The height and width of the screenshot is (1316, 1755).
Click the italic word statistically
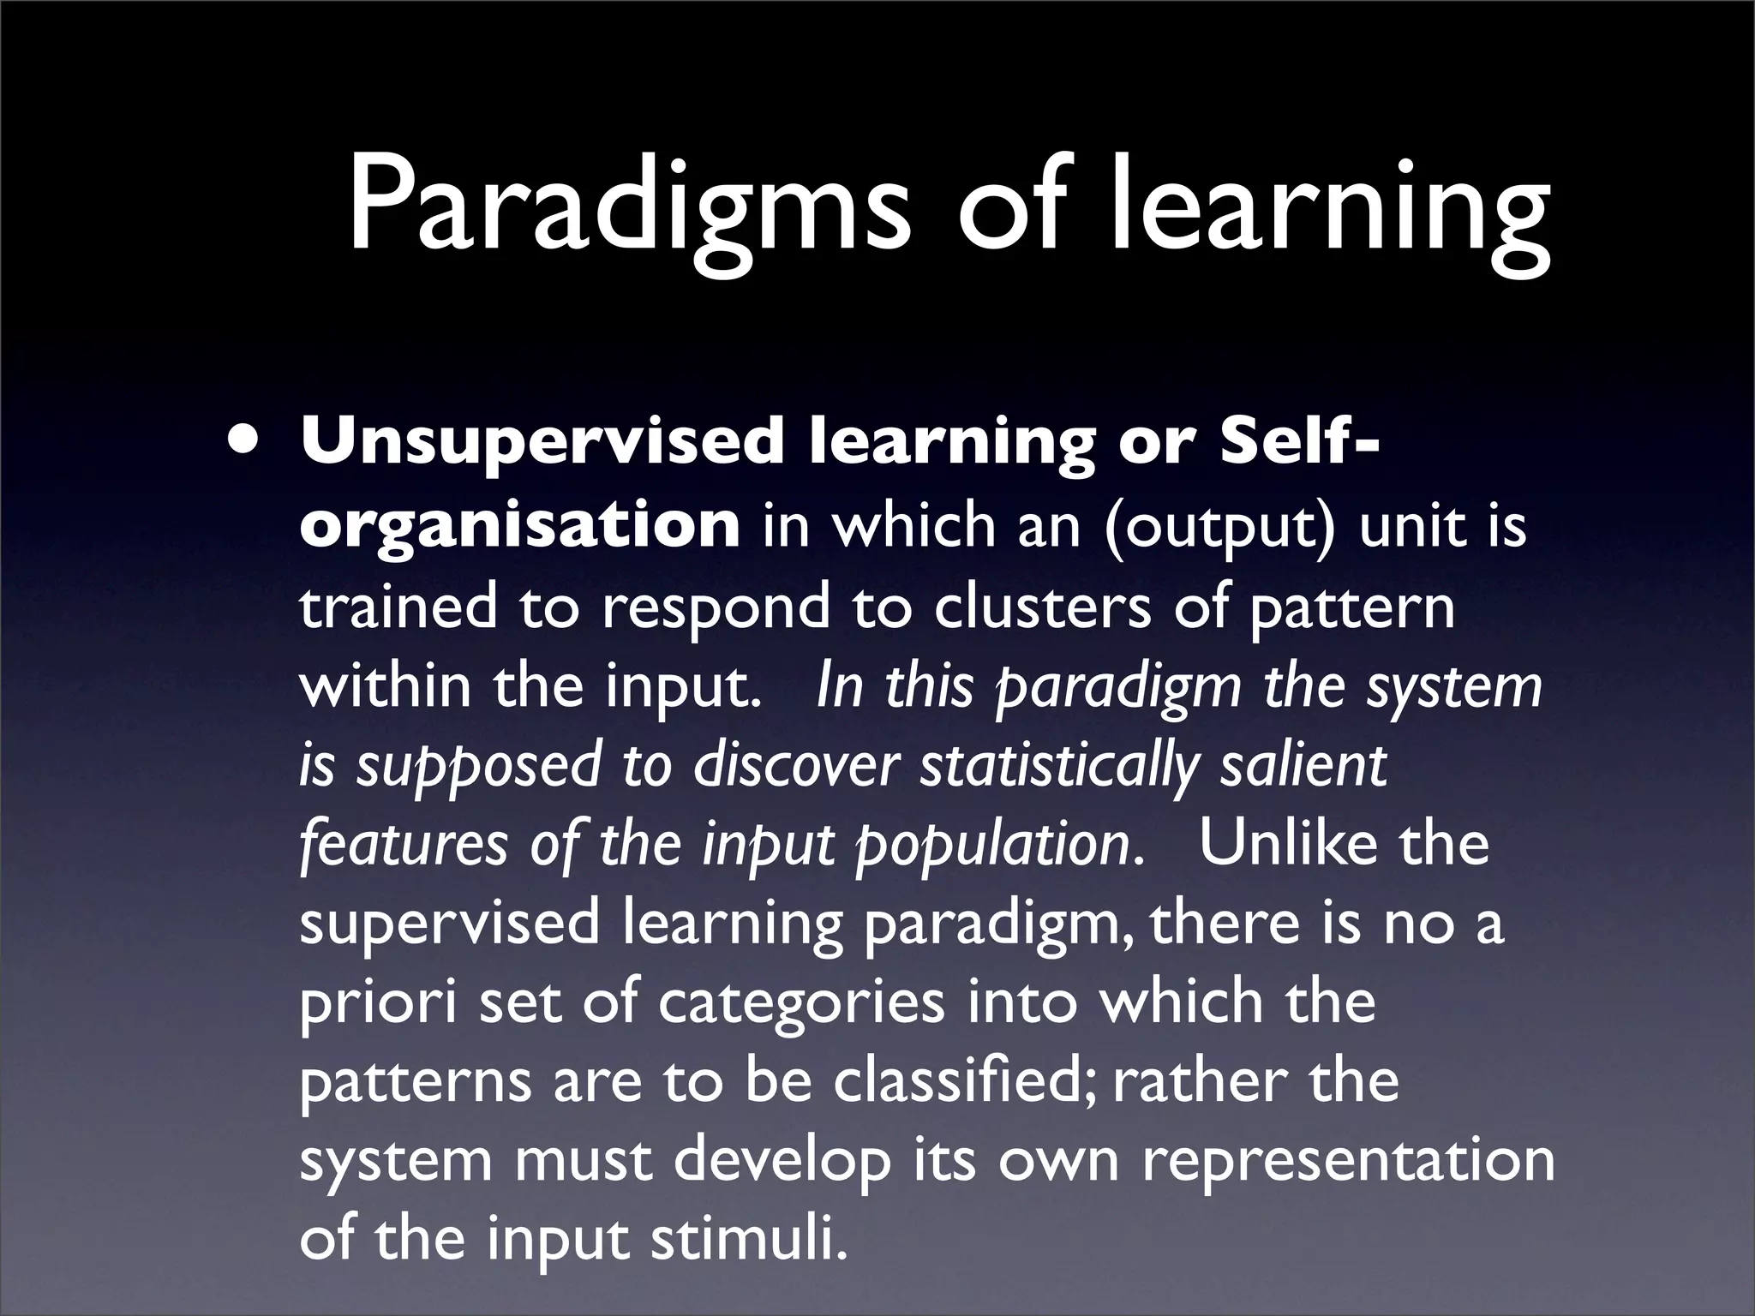click(x=1057, y=766)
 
